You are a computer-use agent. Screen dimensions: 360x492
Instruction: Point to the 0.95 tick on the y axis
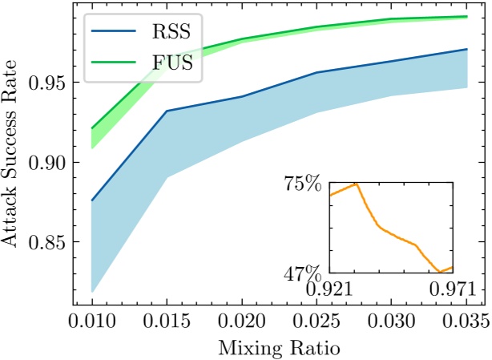(47, 82)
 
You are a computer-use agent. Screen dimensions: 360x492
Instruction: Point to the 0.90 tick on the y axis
(47, 162)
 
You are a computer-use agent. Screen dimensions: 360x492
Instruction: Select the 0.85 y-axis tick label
(47, 242)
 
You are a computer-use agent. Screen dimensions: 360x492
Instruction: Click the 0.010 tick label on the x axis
(92, 322)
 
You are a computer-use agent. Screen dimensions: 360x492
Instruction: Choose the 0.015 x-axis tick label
(167, 322)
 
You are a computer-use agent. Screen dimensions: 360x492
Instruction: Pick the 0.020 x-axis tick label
(242, 322)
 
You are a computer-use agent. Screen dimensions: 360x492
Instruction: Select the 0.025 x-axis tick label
(317, 322)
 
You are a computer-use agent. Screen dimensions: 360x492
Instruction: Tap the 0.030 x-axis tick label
(392, 322)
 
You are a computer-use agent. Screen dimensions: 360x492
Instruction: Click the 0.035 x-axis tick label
(466, 322)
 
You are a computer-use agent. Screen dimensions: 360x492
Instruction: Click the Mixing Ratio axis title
(279, 348)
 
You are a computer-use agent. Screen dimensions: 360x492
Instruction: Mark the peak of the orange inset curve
(356, 184)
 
